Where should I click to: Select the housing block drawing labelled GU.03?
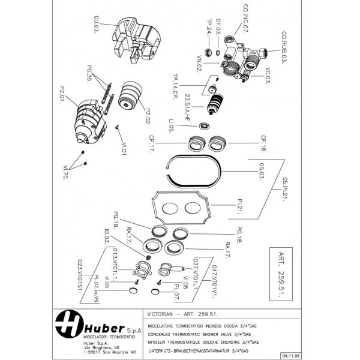(135, 39)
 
